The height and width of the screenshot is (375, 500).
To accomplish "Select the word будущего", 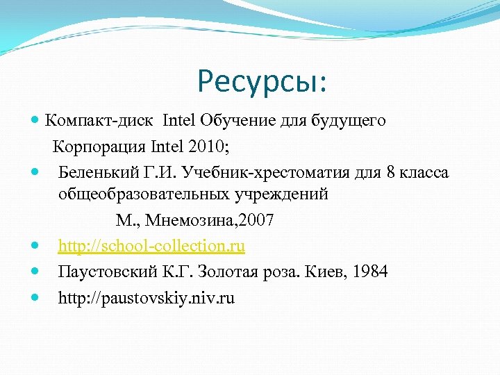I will tap(351, 122).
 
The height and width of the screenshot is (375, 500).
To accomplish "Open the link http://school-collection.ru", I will tap(151, 247).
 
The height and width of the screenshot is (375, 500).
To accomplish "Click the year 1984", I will tap(370, 272).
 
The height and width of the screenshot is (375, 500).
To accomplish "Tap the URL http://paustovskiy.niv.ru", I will tap(147, 299).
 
